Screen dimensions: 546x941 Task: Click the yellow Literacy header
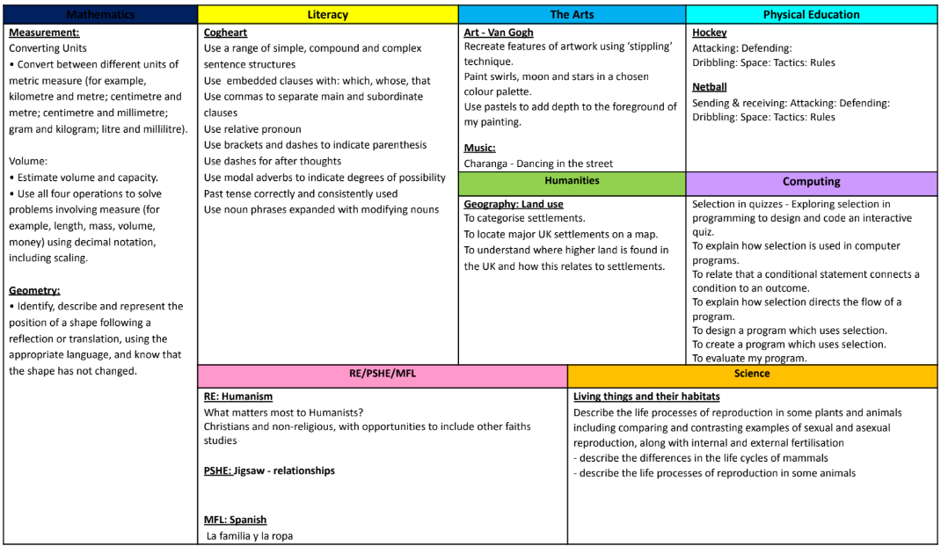327,14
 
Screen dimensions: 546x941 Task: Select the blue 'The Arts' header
572,14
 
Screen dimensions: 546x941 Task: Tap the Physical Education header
811,14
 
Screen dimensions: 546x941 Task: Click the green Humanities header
572,181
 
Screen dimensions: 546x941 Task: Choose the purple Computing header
811,182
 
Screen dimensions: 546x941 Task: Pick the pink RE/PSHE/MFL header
383,374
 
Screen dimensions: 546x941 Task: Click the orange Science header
752,374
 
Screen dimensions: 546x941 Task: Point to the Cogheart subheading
225,33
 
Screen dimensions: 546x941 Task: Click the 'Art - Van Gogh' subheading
499,33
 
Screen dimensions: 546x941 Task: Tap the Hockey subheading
709,33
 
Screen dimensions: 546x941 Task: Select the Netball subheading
709,87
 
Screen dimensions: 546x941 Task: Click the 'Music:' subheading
479,148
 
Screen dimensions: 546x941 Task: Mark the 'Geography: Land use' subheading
514,204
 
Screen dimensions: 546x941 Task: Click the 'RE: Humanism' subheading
238,397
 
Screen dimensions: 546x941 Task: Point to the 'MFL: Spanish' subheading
235,520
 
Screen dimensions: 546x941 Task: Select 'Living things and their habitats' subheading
646,397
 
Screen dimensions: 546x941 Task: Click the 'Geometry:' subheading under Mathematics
34,290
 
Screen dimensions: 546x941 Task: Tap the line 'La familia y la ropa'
250,535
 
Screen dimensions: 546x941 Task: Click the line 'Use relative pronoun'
252,129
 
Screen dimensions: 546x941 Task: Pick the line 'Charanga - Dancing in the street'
538,164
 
